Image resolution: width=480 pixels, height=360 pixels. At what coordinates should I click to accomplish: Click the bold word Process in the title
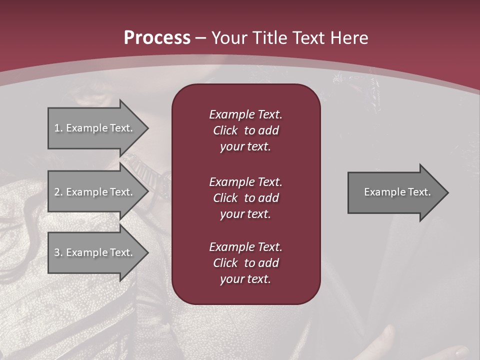coord(157,38)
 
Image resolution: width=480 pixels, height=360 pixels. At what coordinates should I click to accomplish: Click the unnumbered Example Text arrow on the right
coord(397,192)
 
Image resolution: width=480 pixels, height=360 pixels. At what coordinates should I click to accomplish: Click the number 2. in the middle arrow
coord(58,192)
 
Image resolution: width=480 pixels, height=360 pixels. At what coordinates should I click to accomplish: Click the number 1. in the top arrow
coord(58,128)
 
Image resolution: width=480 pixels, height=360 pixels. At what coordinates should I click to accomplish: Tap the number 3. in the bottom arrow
coord(58,252)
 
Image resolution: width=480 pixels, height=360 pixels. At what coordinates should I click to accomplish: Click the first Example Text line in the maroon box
coord(245,114)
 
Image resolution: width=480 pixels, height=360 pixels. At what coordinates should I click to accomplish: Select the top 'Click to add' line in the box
coord(245,130)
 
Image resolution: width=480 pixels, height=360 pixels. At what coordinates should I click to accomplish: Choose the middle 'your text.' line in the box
coord(245,214)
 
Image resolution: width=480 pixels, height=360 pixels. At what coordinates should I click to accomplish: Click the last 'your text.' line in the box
coord(245,279)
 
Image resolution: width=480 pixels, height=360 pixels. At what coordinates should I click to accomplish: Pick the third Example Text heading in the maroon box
coord(245,247)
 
